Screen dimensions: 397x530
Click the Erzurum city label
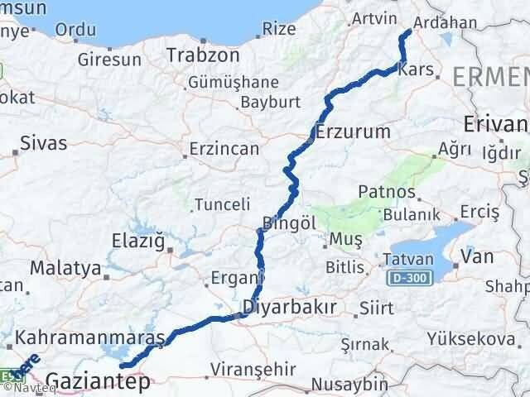coord(352,132)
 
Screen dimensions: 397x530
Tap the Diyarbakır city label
coord(288,308)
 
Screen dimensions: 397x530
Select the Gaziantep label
coord(87,381)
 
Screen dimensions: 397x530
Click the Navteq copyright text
coord(27,390)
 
